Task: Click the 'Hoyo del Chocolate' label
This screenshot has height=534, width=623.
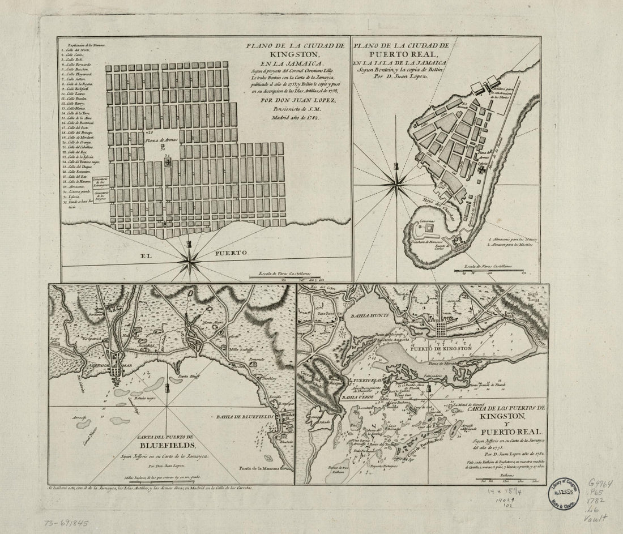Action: point(438,204)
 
